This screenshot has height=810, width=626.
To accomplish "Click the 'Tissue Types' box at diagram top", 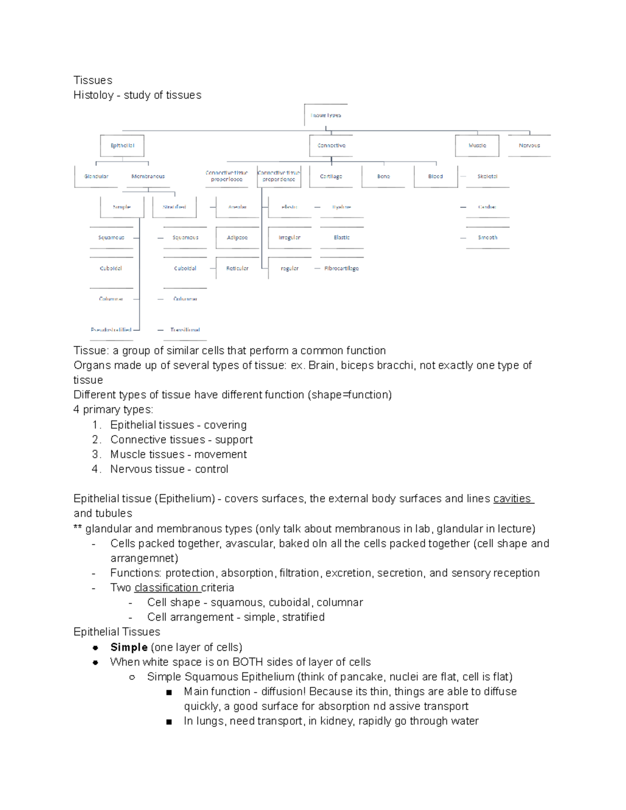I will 326,115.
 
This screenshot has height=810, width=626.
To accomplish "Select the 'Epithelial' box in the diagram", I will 122,146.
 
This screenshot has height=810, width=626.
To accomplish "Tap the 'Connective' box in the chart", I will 331,146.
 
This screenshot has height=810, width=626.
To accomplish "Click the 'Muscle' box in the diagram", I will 477,146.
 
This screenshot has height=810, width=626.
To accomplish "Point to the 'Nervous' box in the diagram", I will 529,146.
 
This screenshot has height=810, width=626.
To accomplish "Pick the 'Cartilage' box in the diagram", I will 331,176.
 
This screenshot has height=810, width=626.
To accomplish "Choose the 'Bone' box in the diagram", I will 383,176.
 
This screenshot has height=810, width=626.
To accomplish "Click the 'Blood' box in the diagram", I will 436,176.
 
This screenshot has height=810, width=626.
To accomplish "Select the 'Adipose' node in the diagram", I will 237,238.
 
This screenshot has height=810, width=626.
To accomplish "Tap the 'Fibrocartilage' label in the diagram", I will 341,269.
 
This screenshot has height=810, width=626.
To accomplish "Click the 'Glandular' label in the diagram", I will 97,176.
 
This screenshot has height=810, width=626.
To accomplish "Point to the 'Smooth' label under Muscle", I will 487,238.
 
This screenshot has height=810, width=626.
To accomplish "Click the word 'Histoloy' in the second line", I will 93,95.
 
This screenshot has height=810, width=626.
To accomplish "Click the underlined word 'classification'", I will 166,588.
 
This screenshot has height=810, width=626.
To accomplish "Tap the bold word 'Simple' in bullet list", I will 129,647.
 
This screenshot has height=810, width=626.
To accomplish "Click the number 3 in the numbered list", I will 95,454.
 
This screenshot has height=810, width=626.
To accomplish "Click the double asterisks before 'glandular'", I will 78,529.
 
